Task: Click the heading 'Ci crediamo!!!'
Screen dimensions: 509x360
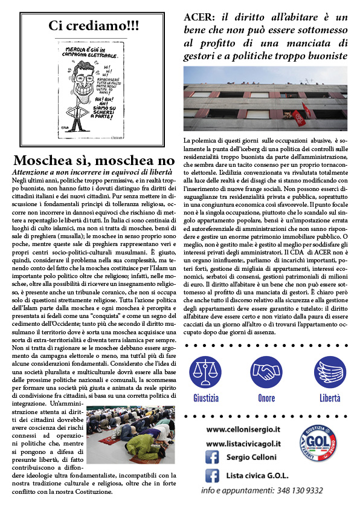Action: coord(93,26)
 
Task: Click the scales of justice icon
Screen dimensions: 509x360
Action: coord(206,372)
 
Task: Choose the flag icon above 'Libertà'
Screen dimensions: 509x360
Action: coord(330,372)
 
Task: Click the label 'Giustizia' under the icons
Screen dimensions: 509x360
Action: coord(206,398)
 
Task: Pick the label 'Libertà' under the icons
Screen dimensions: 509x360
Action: coord(330,398)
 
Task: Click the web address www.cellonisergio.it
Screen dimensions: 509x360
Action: coord(243,429)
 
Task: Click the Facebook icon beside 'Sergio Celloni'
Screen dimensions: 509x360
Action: coord(211,458)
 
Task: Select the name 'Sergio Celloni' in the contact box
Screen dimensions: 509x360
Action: coord(251,458)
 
